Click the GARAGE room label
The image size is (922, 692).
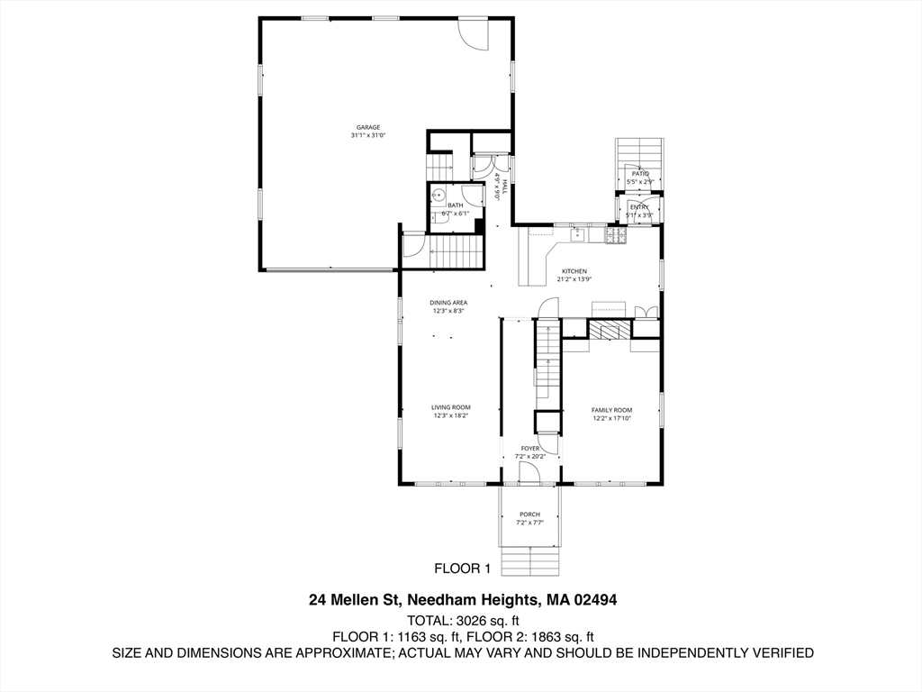pos(367,127)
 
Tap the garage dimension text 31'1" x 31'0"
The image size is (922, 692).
pos(367,136)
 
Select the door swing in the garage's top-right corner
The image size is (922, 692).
pos(473,34)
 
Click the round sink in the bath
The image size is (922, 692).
pos(438,194)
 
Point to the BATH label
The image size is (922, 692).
pos(456,205)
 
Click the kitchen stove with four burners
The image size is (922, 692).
pos(616,235)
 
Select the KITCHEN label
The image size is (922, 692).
pos(574,271)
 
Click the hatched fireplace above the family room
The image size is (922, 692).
pos(610,331)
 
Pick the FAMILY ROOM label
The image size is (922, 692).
pos(611,410)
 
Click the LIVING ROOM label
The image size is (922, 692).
pos(450,407)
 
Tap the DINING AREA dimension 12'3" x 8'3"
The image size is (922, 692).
pos(447,311)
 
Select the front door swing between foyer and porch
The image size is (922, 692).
pos(529,473)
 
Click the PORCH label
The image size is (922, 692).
pos(529,514)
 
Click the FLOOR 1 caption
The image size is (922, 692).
pos(462,569)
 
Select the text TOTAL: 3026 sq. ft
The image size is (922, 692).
pos(463,620)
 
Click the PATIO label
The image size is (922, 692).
pos(639,173)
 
